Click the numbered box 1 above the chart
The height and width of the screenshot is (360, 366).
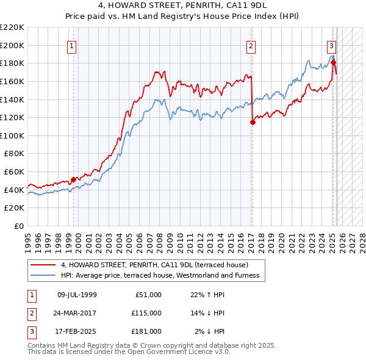click(72, 45)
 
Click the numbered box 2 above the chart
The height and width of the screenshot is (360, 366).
click(251, 45)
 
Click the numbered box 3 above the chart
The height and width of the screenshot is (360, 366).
click(331, 45)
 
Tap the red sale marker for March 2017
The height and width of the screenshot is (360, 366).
click(253, 122)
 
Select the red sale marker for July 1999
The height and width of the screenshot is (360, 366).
click(74, 179)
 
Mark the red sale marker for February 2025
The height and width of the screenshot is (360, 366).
click(334, 62)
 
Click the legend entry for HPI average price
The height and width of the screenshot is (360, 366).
click(160, 275)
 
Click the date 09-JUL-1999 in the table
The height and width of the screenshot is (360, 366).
click(77, 295)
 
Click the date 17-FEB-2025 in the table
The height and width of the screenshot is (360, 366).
click(77, 331)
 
